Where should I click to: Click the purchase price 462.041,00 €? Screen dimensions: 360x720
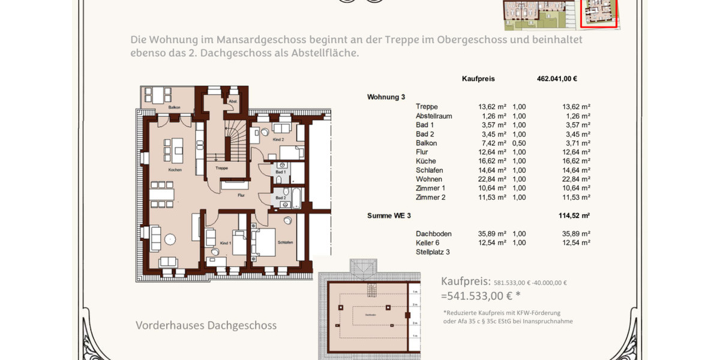click(557, 79)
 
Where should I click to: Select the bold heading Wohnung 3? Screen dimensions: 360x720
click(386, 97)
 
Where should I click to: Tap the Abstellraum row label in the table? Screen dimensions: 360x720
click(434, 116)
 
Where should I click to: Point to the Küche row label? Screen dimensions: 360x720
click(425, 161)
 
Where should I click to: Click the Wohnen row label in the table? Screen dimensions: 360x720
click(428, 179)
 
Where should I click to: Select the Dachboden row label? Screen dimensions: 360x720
click(433, 233)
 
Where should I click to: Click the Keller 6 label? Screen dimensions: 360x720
click(427, 242)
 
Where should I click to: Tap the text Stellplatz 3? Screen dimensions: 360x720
click(433, 252)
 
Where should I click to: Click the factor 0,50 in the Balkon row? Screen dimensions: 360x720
click(519, 143)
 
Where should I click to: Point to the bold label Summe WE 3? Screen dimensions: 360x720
click(389, 215)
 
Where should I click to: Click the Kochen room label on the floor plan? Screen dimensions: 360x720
click(175, 170)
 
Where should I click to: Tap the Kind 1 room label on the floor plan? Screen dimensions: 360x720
click(225, 242)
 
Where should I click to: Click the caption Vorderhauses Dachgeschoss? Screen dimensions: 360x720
click(206, 325)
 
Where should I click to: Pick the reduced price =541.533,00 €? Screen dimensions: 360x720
click(480, 295)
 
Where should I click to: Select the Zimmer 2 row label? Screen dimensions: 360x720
click(431, 197)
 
